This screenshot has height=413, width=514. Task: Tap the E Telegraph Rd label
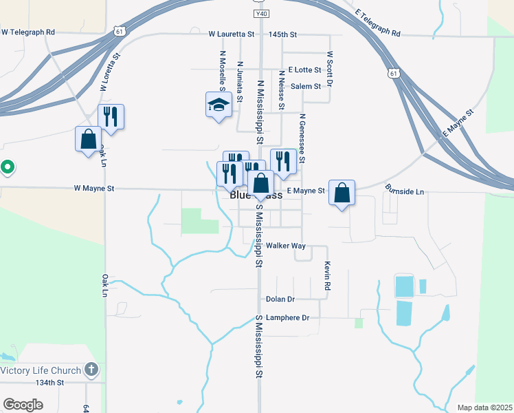pos(378,23)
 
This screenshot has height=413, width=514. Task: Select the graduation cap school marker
pos(219,105)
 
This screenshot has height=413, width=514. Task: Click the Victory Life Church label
pos(39,370)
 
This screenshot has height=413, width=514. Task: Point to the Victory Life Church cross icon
pos(91,370)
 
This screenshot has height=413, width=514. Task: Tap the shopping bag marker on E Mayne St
pos(342,193)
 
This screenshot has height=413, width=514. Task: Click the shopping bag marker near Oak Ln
pos(88,139)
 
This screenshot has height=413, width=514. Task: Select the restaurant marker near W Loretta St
pos(111,118)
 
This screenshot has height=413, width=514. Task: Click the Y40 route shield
pos(260,14)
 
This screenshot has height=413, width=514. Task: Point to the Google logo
pos(23,405)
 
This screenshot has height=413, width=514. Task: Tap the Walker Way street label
pos(285,246)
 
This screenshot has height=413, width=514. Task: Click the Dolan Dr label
pos(280,299)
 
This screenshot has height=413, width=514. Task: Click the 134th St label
pos(49,382)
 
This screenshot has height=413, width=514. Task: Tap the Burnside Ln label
pos(405,191)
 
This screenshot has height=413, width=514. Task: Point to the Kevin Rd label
pos(328,275)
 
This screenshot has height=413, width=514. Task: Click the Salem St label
pos(306,86)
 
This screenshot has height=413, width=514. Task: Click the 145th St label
pos(283,34)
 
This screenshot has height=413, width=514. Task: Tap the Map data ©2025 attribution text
pos(484,407)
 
